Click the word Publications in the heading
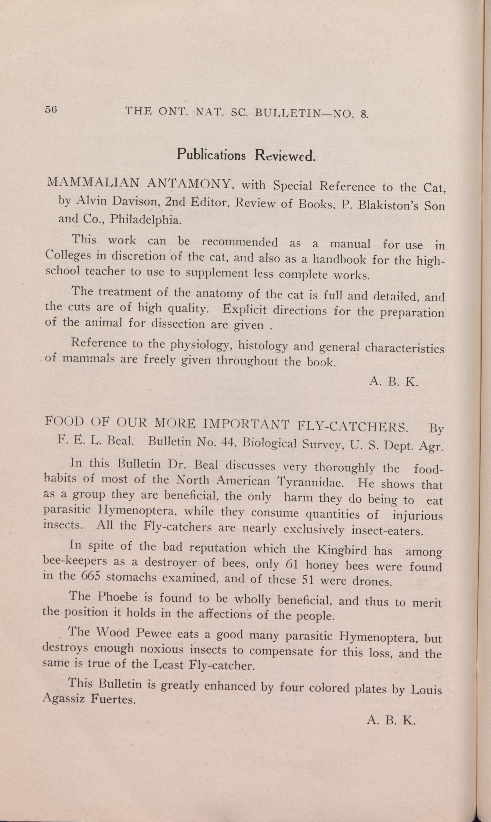point(211,155)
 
